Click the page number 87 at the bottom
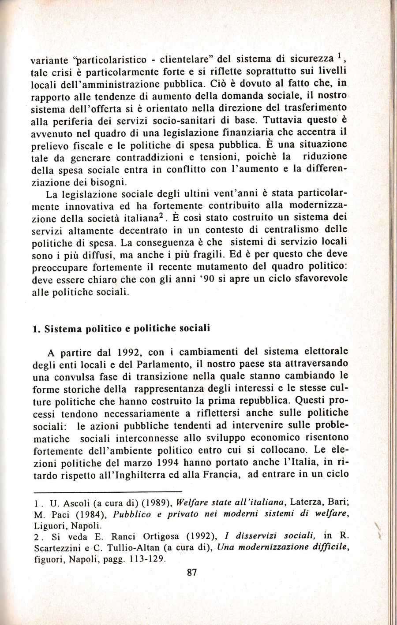(x=191, y=573)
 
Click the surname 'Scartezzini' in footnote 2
(x=54, y=548)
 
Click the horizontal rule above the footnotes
(x=108, y=491)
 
